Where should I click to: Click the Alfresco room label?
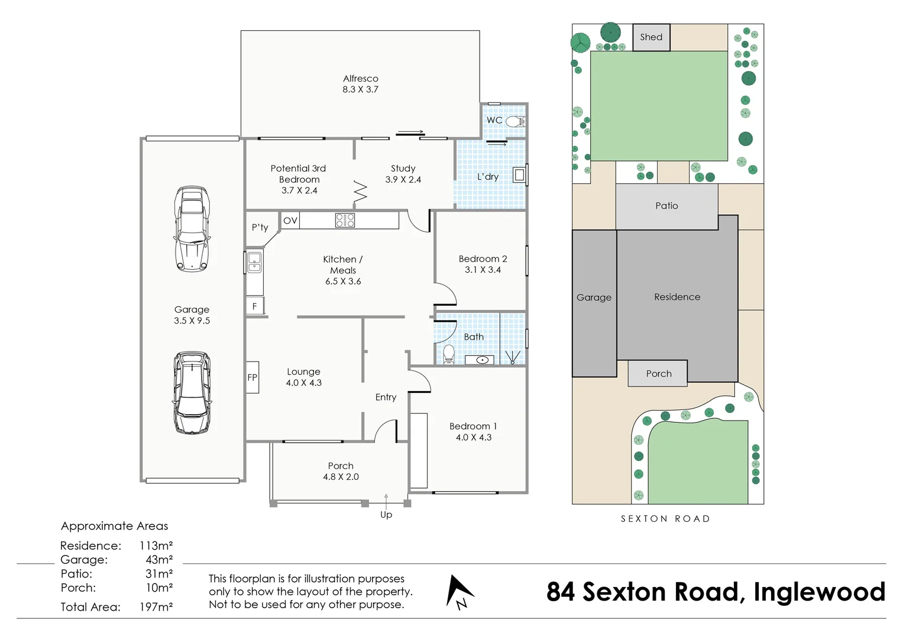[360, 79]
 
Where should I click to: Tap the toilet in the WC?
[515, 121]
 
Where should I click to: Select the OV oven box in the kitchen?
[290, 221]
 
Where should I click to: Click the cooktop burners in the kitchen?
[345, 221]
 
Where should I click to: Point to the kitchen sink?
[254, 262]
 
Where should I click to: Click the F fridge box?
[255, 306]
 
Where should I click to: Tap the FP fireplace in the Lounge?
[253, 377]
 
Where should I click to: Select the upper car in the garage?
[192, 229]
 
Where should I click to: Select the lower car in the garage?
[192, 393]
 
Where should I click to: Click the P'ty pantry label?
[260, 227]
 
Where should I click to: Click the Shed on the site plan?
[651, 37]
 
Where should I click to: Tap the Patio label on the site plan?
[666, 206]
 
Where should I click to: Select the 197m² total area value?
[156, 607]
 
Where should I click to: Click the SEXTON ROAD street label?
[665, 519]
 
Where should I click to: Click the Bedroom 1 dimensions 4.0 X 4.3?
[473, 437]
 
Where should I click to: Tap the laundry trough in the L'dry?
[519, 175]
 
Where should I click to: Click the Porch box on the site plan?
[658, 374]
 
